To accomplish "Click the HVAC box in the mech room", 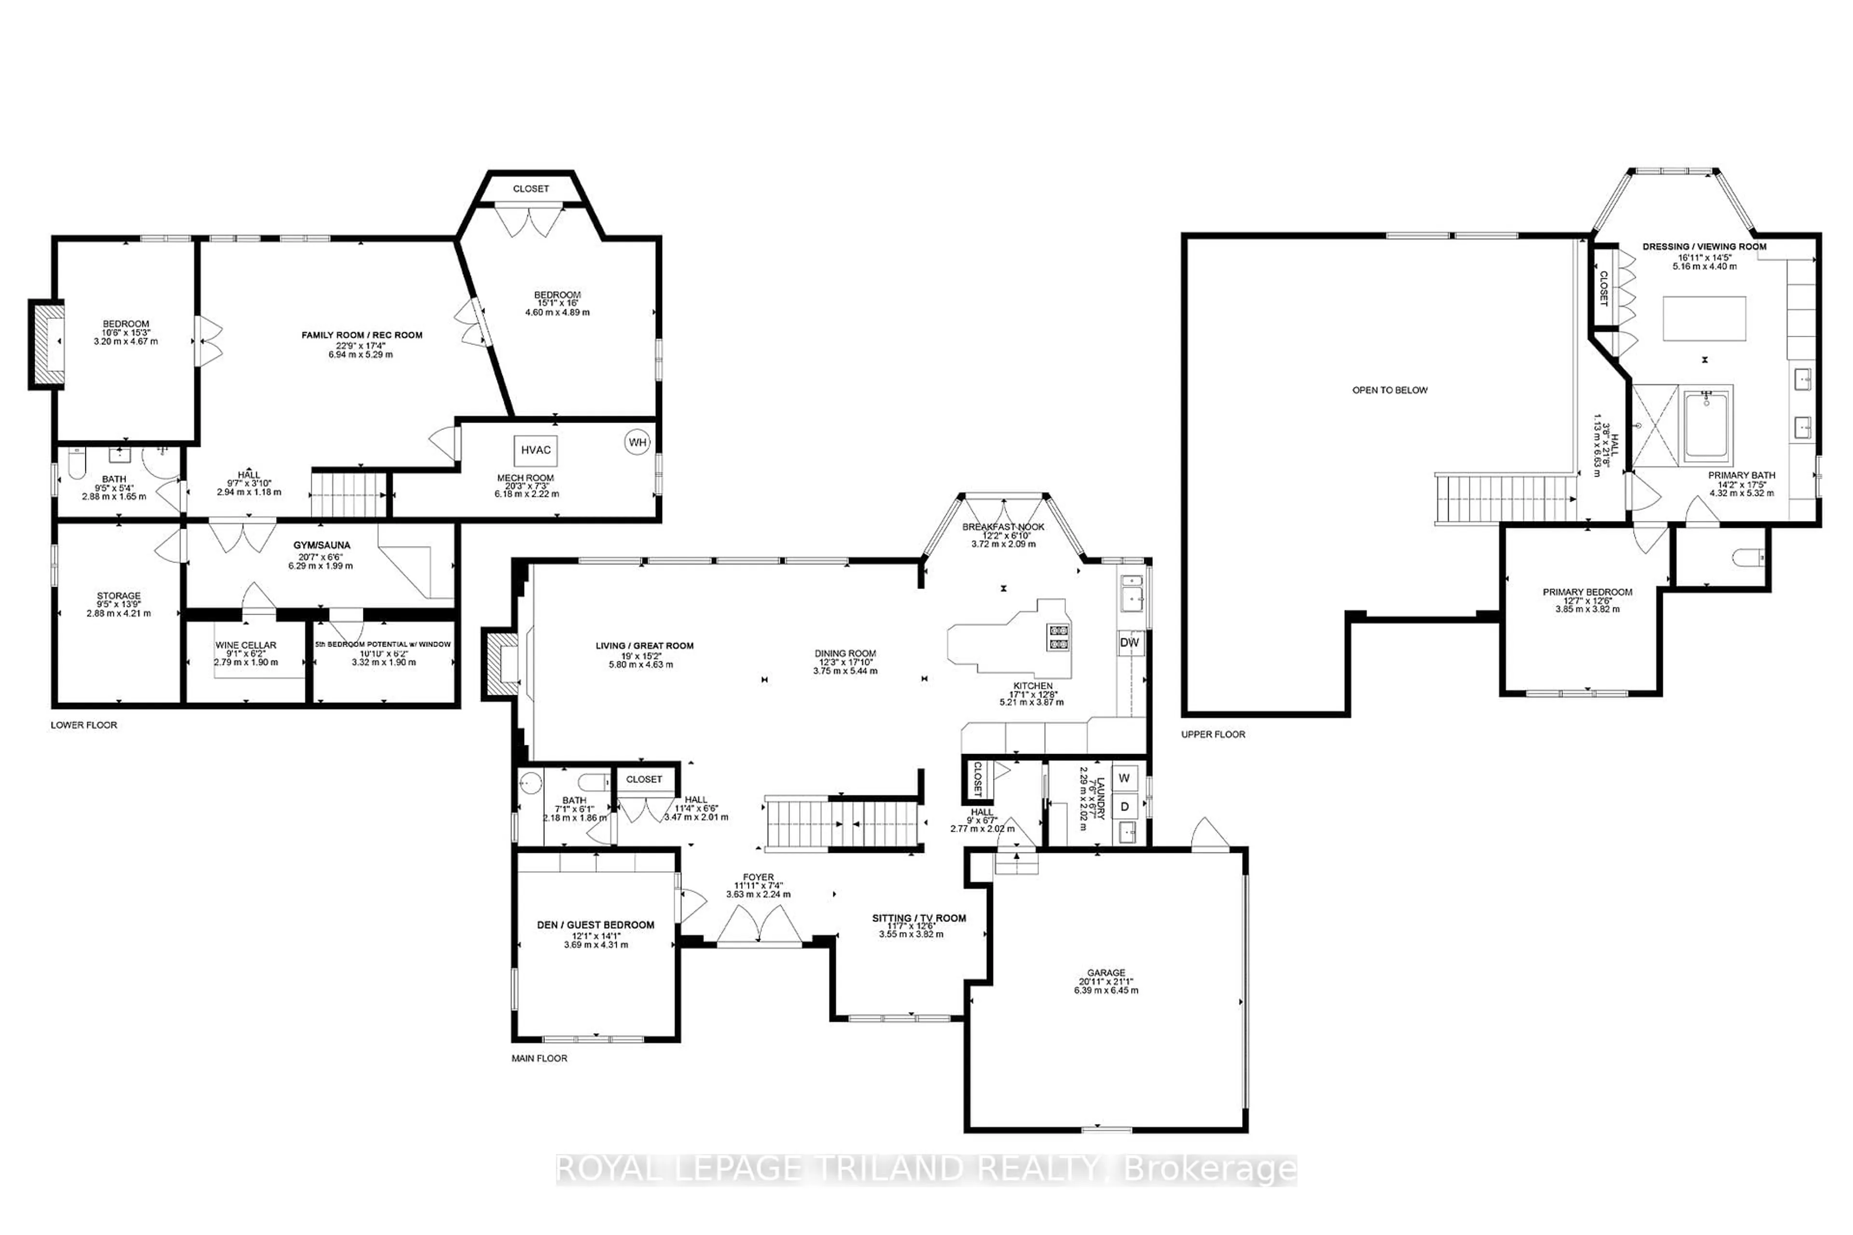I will (536, 450).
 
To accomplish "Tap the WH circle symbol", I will (637, 443).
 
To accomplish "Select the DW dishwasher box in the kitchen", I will (1130, 643).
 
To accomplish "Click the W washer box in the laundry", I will (1124, 778).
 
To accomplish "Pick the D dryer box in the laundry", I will (1124, 807).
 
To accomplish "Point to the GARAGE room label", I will (1106, 973).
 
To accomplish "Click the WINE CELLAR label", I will (246, 645).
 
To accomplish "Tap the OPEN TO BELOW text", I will (1390, 390).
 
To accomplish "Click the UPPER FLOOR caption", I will (1213, 734).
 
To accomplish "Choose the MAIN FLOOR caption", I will (539, 1058).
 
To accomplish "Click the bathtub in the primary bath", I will (1706, 428).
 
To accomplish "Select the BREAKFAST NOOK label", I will (1003, 527).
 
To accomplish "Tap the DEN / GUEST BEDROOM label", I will (595, 925).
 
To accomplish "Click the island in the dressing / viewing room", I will (1704, 318).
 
